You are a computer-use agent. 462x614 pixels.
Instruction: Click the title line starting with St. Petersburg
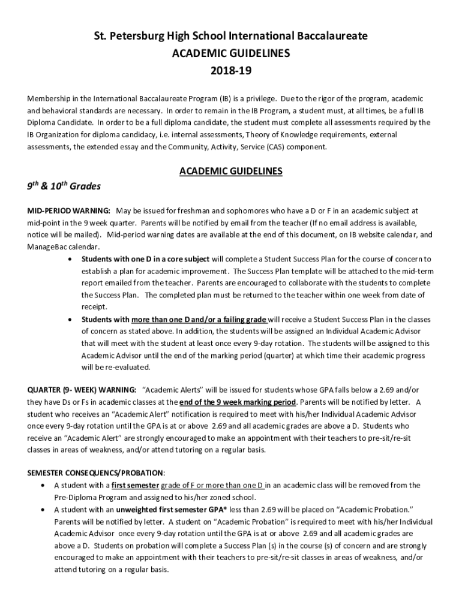pos(231,37)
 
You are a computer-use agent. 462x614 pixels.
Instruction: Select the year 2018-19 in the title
pos(231,71)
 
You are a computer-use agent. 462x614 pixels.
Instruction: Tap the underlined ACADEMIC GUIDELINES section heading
pos(231,171)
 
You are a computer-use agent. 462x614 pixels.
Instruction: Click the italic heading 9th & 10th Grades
pos(64,186)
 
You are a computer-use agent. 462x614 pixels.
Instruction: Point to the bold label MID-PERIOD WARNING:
pos(68,211)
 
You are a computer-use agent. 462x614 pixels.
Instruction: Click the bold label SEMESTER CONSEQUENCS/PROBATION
pos(96,472)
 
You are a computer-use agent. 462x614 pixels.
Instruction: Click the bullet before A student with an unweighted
pos(42,509)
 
